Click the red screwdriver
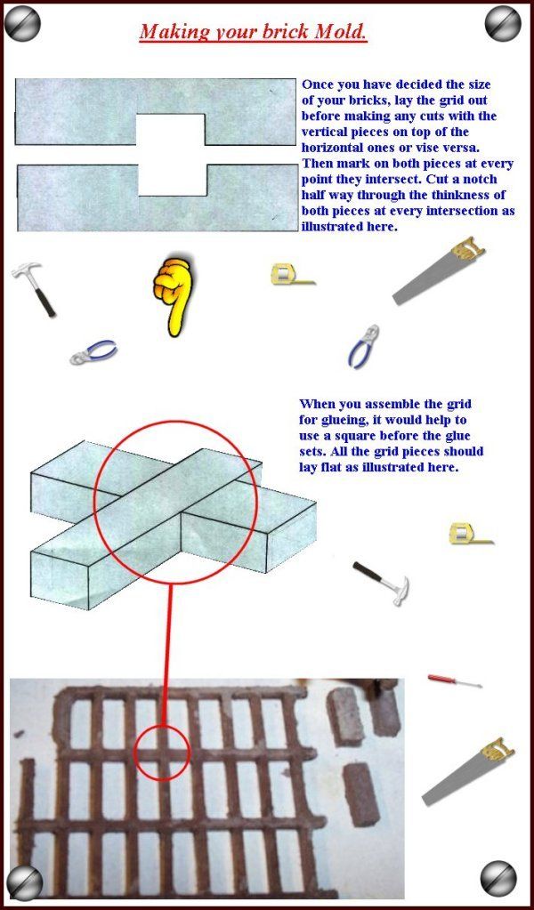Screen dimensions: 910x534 tap(454, 681)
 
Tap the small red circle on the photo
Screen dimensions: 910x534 tap(161, 752)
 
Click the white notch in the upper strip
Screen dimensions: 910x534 tap(172, 129)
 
